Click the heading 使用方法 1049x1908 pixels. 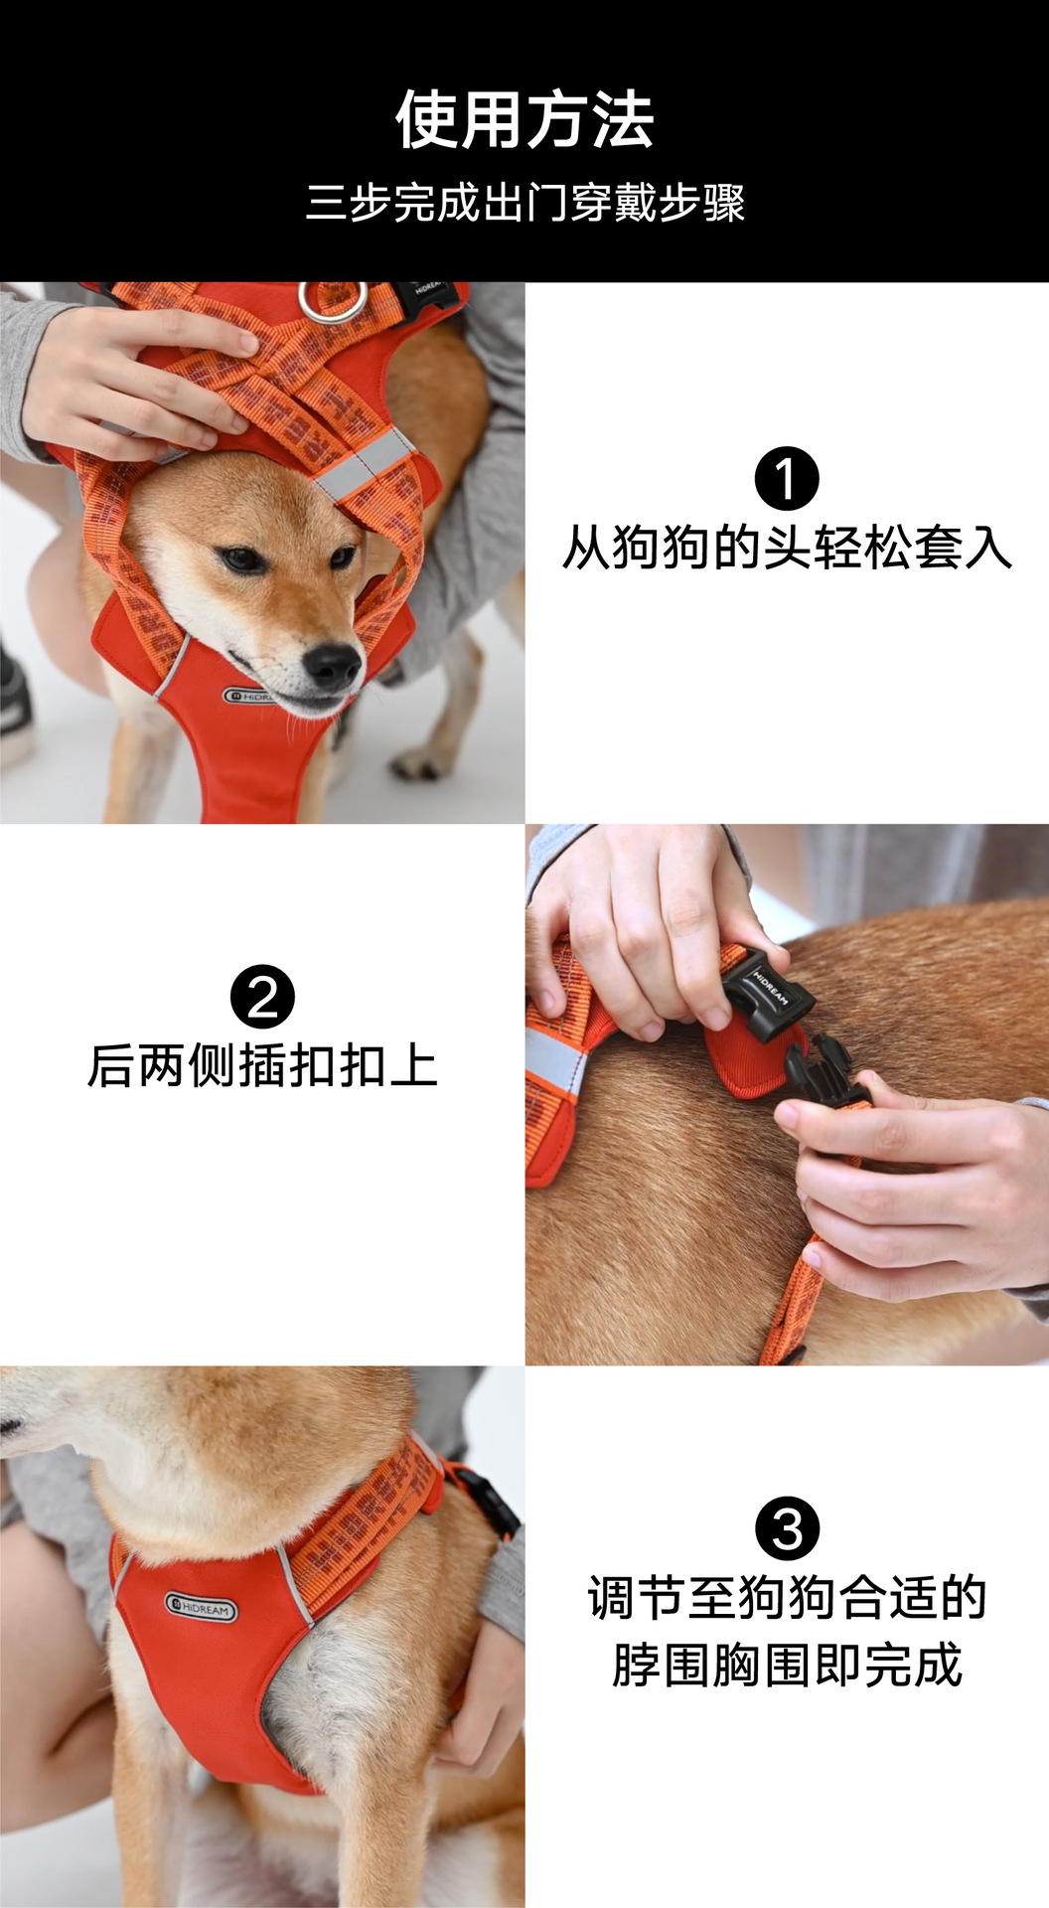pyautogui.click(x=524, y=120)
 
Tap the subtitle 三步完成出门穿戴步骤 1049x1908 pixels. pyautogui.click(x=524, y=203)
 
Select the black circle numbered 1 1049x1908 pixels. pyautogui.click(x=787, y=479)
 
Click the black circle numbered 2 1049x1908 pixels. pyautogui.click(x=262, y=997)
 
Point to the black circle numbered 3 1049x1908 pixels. pyautogui.click(x=787, y=1528)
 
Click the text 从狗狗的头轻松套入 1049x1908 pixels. pyautogui.click(x=787, y=548)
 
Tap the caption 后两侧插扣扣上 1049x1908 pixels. pyautogui.click(x=262, y=1065)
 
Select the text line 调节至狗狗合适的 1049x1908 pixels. pyautogui.click(x=787, y=1598)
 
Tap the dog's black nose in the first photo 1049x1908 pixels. pyautogui.click(x=332, y=665)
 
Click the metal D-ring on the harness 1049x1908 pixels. pyautogui.click(x=334, y=301)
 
